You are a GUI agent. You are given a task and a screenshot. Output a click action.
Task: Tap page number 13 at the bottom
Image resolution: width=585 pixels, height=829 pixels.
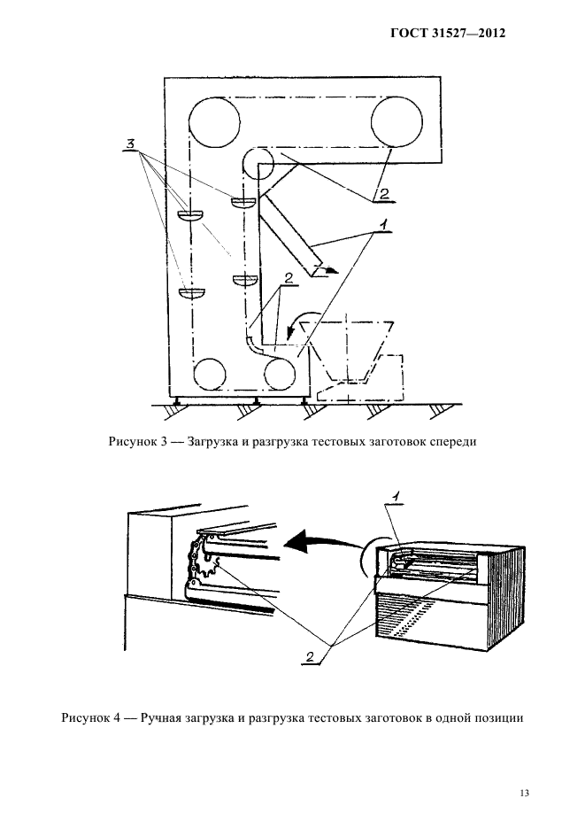click(x=523, y=793)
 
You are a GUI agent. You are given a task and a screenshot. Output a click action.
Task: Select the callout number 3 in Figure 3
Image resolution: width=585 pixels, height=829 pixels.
click(x=131, y=143)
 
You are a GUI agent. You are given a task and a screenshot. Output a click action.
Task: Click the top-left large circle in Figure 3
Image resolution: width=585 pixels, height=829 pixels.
click(x=212, y=122)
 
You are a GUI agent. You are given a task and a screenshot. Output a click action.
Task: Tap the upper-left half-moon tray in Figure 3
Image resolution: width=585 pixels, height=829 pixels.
click(x=190, y=214)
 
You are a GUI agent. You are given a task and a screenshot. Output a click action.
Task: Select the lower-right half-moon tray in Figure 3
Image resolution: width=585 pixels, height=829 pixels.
click(x=245, y=281)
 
